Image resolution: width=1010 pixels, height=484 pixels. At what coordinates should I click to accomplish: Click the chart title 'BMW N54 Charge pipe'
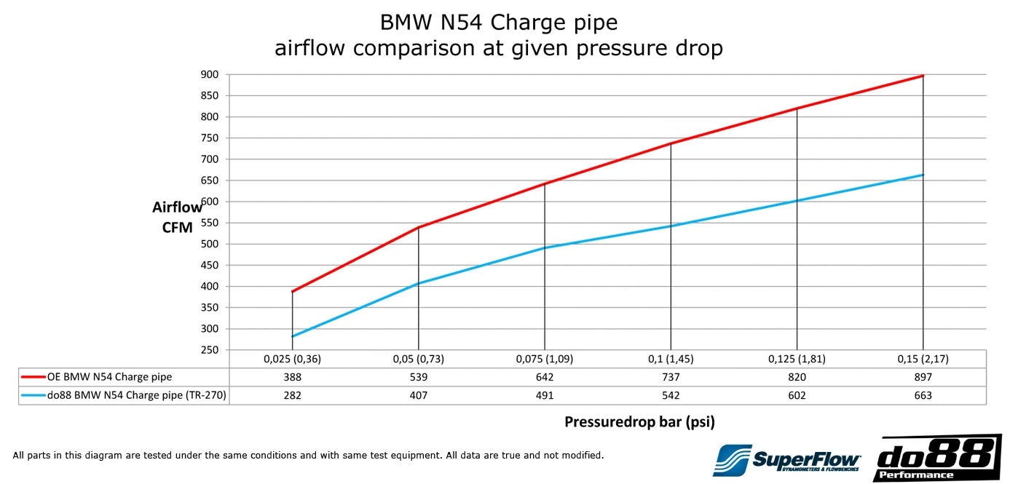[x=499, y=23]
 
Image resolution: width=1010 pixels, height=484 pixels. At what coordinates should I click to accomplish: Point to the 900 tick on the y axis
[x=210, y=74]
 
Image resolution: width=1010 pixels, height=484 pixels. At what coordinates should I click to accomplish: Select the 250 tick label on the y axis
[x=210, y=350]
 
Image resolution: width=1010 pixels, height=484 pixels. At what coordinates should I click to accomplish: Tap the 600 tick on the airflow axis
[x=210, y=202]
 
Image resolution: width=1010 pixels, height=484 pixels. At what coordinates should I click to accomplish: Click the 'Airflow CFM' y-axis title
[x=177, y=217]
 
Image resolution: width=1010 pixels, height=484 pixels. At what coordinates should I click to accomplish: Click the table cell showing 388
[x=292, y=377]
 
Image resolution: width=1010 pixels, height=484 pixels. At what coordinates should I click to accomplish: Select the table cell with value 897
[x=923, y=377]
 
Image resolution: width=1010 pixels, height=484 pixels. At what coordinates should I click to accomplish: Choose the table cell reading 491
[x=544, y=395]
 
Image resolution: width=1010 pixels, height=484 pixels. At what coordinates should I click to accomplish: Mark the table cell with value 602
[x=797, y=395]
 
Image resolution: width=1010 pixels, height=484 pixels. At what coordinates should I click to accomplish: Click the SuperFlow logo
[x=787, y=460]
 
